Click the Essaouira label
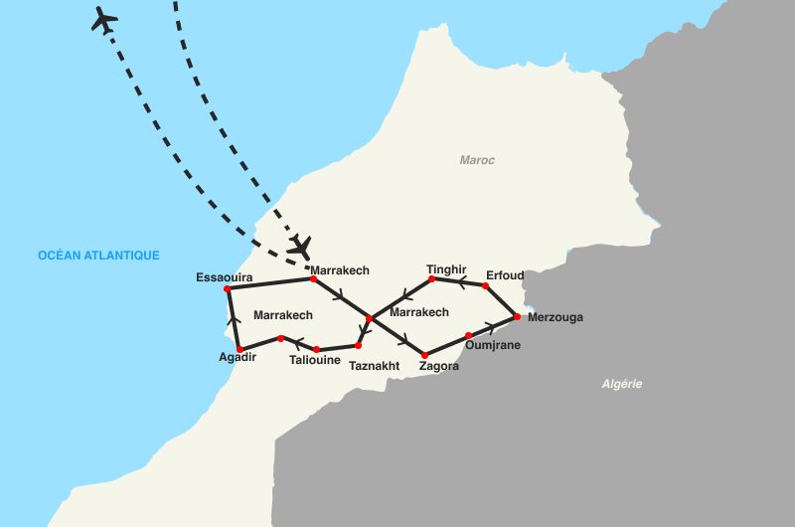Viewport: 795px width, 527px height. pos(225,277)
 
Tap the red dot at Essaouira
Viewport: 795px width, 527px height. pos(228,288)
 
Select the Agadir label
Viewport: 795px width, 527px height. pos(238,358)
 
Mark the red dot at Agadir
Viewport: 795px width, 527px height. pos(239,348)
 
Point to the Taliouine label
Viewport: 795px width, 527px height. pos(315,361)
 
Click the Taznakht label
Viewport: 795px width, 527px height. pos(375,366)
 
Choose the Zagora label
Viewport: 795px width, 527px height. pos(439,366)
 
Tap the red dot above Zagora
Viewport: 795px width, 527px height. pos(425,353)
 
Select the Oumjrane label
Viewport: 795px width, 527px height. pos(493,345)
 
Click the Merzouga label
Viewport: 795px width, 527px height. pos(556,318)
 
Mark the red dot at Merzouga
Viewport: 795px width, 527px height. pos(517,317)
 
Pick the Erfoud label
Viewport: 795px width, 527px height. pos(506,274)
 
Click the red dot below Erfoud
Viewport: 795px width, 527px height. pos(486,285)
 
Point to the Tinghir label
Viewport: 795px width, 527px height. pos(446,268)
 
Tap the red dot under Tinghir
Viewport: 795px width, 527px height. pos(431,278)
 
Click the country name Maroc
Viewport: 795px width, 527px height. pos(477,160)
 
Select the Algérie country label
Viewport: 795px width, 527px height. pos(623,384)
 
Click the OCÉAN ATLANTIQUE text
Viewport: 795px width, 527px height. pos(98,256)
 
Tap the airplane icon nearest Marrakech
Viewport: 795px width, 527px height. pos(300,244)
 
